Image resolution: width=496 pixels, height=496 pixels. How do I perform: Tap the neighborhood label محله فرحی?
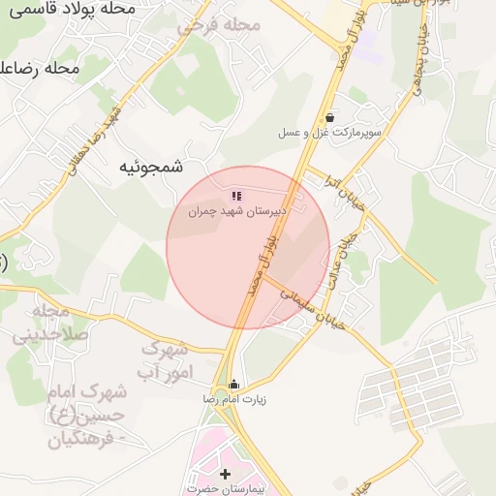pos(219,25)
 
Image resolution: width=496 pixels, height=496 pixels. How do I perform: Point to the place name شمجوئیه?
pos(150,167)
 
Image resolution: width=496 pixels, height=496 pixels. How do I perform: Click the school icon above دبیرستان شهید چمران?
pos(237,196)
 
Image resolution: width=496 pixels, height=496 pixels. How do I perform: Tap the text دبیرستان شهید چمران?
pos(237,210)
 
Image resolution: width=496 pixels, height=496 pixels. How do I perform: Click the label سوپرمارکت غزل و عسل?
pos(330,131)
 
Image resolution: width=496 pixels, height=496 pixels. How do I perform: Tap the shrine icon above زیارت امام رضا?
pos(233,384)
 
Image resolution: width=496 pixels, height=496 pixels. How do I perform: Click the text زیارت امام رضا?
pos(233,398)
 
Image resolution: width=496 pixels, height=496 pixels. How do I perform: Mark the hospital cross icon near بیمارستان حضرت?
pos(226,474)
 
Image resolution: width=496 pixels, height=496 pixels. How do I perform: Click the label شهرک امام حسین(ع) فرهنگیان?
pos(87,417)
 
